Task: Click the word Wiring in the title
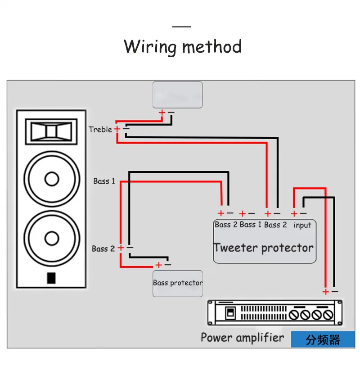point(150,47)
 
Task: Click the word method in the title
point(212,46)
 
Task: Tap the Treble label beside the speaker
point(100,129)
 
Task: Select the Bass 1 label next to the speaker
point(104,181)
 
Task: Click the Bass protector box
point(178,284)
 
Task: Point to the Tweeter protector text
point(264,248)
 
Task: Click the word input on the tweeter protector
point(302,225)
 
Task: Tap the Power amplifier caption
point(242,338)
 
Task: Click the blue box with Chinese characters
point(323,339)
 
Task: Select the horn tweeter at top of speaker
point(51,131)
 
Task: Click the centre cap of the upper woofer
point(52,179)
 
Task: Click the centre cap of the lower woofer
point(52,239)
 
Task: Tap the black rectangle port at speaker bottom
point(51,278)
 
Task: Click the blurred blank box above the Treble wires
point(178,95)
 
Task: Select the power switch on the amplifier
point(230,313)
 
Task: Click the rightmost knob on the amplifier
point(328,315)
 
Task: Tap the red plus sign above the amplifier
point(326,292)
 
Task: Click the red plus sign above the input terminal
point(294,213)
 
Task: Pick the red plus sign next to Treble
point(117,129)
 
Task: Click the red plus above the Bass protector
point(159,265)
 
